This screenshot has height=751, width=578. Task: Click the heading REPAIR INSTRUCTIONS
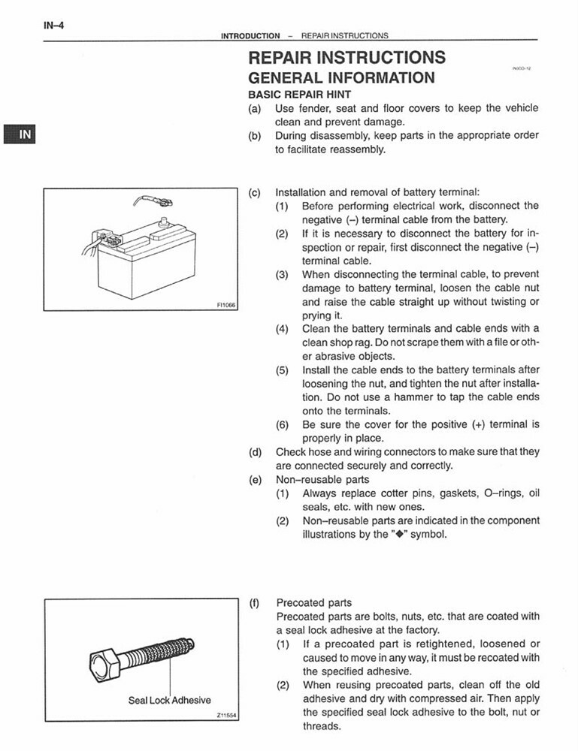pyautogui.click(x=346, y=58)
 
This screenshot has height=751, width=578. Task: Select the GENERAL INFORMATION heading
pyautogui.click(x=341, y=78)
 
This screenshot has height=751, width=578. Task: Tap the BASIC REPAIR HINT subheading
pyautogui.click(x=295, y=95)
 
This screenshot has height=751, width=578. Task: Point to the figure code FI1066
pyautogui.click(x=225, y=305)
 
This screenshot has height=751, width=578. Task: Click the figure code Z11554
pyautogui.click(x=225, y=716)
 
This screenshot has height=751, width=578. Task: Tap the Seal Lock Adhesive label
pyautogui.click(x=169, y=700)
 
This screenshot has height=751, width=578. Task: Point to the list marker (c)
pyautogui.click(x=255, y=192)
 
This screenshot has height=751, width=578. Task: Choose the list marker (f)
pyautogui.click(x=255, y=602)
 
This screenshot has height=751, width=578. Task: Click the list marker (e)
pyautogui.click(x=255, y=479)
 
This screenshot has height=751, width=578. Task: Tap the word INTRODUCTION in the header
pyautogui.click(x=250, y=35)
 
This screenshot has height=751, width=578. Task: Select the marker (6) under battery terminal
pyautogui.click(x=282, y=424)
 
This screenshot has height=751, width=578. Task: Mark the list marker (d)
pyautogui.click(x=255, y=452)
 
